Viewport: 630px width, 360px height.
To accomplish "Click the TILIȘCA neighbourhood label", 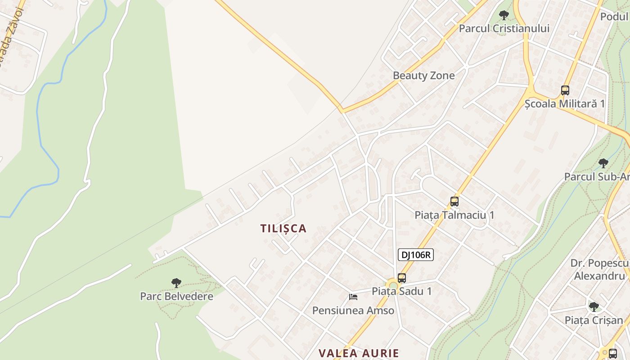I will [283, 229].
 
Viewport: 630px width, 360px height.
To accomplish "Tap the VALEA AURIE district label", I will [359, 353].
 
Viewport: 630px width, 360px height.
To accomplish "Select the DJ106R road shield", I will [415, 255].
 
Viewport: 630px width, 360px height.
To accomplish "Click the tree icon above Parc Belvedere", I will [176, 283].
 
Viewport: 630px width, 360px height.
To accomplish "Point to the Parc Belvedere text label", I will [176, 297].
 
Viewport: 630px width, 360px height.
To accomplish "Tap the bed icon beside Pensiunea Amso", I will [353, 297].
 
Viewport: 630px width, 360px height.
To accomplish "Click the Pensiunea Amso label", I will [353, 310].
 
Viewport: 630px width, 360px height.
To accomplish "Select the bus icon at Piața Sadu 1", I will [402, 278].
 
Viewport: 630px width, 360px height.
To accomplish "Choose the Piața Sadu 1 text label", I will [402, 291].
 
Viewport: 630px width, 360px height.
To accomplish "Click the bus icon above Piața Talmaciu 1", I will [454, 202].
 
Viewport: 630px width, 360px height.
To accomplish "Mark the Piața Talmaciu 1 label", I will [454, 215].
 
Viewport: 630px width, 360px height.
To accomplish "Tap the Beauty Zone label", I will [424, 76].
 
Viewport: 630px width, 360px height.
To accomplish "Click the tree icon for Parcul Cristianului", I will [504, 15].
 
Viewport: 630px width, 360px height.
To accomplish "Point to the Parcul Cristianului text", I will [504, 28].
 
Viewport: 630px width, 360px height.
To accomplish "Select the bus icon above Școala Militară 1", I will [565, 90].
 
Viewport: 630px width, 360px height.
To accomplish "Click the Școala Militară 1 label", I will [565, 103].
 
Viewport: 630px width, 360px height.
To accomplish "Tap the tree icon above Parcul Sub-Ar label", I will [603, 163].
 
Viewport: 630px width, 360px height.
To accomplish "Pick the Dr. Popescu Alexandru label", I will [599, 269].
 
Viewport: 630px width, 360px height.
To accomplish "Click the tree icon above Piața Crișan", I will [594, 307].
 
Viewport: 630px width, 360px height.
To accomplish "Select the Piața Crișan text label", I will [594, 320].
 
